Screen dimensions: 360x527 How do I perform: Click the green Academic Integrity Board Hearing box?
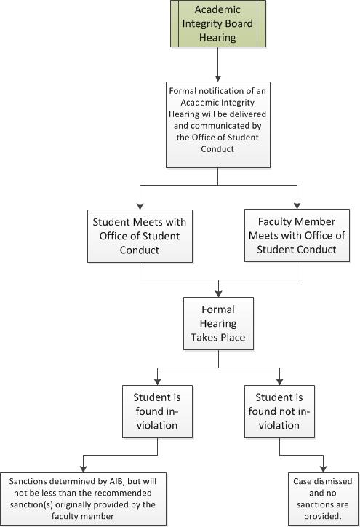pyautogui.click(x=218, y=23)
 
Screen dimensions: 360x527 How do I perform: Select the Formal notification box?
pyautogui.click(x=218, y=124)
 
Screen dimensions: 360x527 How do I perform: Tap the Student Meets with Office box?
pyautogui.click(x=140, y=236)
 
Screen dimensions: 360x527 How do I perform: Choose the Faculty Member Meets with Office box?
pyautogui.click(x=297, y=235)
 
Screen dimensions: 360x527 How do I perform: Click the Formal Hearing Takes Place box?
pyautogui.click(x=218, y=323)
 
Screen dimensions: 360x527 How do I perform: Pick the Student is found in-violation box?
pyautogui.click(x=157, y=411)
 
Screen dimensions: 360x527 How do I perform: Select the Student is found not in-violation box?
pyautogui.click(x=279, y=411)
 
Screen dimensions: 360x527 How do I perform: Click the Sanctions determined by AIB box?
pyautogui.click(x=83, y=499)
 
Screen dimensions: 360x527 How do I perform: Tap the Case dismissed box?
pyautogui.click(x=323, y=499)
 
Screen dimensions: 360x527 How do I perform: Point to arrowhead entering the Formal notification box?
pyautogui.click(x=218, y=79)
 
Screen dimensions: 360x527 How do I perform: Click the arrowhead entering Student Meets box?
pyautogui.click(x=140, y=207)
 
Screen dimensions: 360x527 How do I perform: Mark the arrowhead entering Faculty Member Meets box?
pyautogui.click(x=297, y=206)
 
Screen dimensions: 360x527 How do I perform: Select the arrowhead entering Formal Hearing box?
pyautogui.click(x=218, y=294)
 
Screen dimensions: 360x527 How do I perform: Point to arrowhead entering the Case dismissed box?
pyautogui.click(x=323, y=469)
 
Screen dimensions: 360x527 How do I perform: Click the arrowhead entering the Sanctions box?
pyautogui.click(x=84, y=469)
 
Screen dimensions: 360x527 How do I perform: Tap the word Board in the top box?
pyautogui.click(x=239, y=23)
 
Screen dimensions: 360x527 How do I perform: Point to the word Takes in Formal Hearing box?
pyautogui.click(x=203, y=338)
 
